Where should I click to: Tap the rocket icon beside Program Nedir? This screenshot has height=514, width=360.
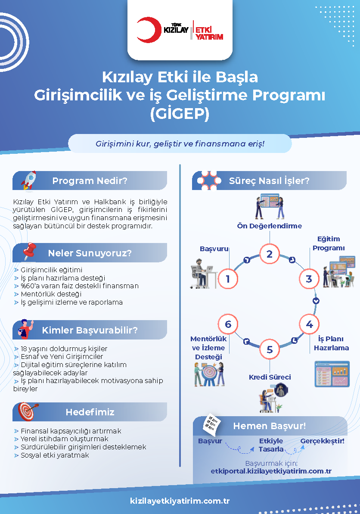(28, 180)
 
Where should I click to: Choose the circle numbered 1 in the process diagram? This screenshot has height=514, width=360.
(228, 279)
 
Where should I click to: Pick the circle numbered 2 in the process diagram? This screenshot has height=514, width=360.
(270, 254)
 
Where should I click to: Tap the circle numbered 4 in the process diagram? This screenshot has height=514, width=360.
(309, 324)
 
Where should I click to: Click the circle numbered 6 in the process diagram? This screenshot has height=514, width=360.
(228, 324)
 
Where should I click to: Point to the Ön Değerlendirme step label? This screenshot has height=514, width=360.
(270, 226)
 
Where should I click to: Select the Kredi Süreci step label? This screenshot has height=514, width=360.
(270, 377)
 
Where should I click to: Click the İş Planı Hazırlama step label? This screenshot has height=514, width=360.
(331, 343)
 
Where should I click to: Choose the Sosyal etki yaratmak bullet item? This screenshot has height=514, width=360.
(55, 455)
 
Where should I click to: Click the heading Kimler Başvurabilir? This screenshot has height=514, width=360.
(90, 330)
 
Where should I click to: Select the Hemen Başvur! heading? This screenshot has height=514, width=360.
(270, 426)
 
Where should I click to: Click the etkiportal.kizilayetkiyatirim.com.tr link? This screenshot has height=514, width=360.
(271, 471)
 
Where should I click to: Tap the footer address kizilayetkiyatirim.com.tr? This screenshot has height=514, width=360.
(180, 501)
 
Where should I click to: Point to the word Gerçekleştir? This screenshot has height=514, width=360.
(322, 441)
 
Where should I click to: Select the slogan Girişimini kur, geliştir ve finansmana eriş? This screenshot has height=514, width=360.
(180, 143)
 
